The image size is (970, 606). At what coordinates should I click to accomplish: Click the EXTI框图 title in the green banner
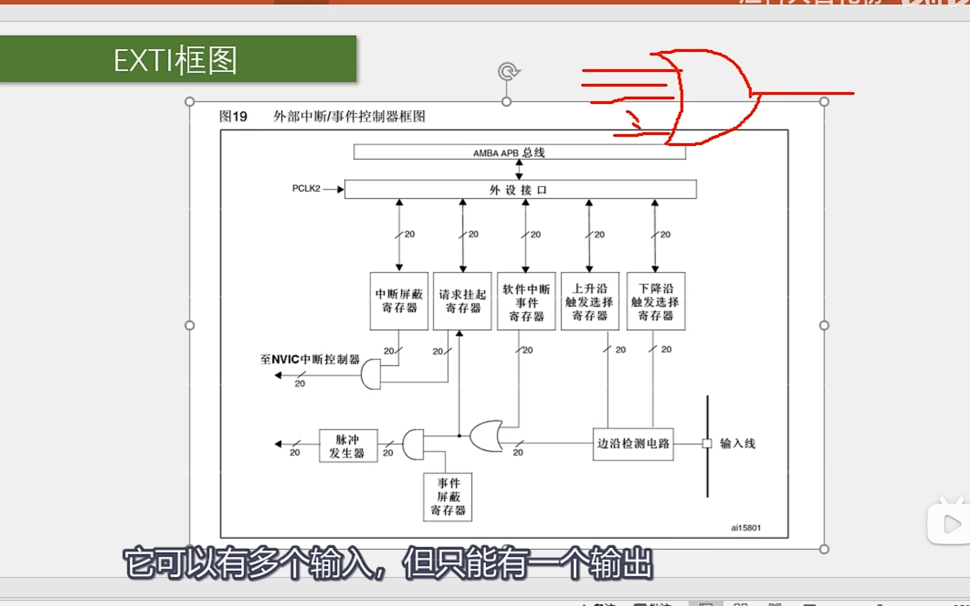[x=175, y=60]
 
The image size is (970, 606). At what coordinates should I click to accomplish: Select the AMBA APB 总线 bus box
[x=519, y=152]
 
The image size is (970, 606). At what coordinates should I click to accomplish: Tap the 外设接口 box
[x=520, y=189]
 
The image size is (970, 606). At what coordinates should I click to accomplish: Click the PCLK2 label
[x=306, y=189]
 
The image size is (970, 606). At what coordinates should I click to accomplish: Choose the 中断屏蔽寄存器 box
[x=399, y=301]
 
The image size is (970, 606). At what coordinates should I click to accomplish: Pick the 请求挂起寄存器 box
[x=462, y=301]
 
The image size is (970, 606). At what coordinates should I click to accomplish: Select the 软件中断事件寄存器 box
[x=526, y=302]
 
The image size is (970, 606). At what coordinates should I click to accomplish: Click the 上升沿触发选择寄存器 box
[x=590, y=302]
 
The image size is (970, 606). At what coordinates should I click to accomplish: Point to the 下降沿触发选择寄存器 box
[x=656, y=302]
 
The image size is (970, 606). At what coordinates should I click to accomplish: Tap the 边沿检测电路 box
[x=633, y=444]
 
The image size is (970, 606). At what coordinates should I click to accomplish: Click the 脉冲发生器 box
[x=348, y=446]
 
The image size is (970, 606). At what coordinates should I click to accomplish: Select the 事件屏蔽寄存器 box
[x=448, y=497]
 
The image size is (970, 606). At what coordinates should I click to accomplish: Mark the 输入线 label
[x=737, y=443]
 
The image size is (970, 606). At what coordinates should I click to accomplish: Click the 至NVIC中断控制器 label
[x=310, y=360]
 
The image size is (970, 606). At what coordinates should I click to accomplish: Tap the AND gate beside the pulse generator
[x=414, y=444]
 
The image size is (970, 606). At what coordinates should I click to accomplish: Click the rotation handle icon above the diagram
[x=508, y=72]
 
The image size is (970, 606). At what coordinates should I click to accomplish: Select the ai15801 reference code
[x=745, y=528]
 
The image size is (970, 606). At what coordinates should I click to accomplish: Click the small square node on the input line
[x=707, y=443]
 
